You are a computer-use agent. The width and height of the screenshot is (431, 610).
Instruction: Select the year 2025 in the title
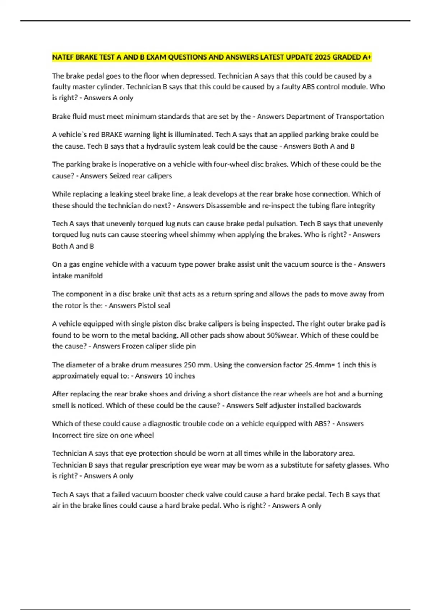[x=323, y=57]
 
